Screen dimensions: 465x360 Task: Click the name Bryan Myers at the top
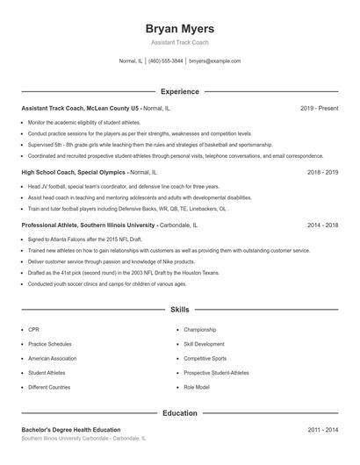coord(179,29)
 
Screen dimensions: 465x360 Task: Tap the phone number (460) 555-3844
coord(165,61)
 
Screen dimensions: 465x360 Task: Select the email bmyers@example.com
coord(214,61)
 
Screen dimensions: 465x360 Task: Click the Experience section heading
coord(179,91)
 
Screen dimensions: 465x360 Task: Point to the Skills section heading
coord(179,310)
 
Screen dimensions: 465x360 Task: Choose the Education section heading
coord(179,412)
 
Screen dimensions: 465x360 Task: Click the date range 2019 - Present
coord(319,108)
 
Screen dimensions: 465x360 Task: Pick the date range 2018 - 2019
coord(322,173)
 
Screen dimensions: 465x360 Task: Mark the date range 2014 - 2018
coord(322,225)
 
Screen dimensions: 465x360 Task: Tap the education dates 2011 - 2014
coord(322,430)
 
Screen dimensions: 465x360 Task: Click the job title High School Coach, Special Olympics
coord(74,173)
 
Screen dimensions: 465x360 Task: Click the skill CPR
coord(34,330)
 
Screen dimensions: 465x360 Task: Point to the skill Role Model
coord(196,387)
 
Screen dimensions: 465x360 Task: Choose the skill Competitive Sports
coord(205,359)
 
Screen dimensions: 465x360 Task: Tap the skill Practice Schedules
coord(49,344)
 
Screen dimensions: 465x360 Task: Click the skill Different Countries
coord(48,387)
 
